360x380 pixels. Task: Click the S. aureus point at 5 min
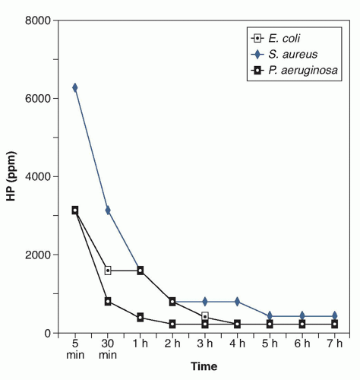point(75,87)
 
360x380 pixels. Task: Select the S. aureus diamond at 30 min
point(108,210)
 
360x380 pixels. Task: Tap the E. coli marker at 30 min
point(108,271)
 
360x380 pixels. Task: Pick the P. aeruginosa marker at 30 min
point(108,302)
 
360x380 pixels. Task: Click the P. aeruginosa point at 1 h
point(141,317)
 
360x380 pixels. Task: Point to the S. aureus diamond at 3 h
point(205,302)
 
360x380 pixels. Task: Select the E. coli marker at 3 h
point(205,316)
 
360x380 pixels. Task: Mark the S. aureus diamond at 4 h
point(237,302)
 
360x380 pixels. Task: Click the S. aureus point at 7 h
point(335,315)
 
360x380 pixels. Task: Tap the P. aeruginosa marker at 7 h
point(335,324)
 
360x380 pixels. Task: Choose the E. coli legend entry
point(276,39)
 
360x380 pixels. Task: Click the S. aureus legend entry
point(284,54)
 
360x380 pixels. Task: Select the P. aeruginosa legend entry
point(295,70)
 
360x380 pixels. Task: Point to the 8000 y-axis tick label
point(38,21)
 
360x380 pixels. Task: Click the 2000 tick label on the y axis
point(38,255)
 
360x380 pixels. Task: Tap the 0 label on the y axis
point(48,334)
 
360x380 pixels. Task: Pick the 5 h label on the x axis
point(270,344)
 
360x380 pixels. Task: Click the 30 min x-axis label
point(108,349)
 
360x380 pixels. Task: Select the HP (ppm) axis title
point(11,176)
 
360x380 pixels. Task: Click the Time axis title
point(204,366)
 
